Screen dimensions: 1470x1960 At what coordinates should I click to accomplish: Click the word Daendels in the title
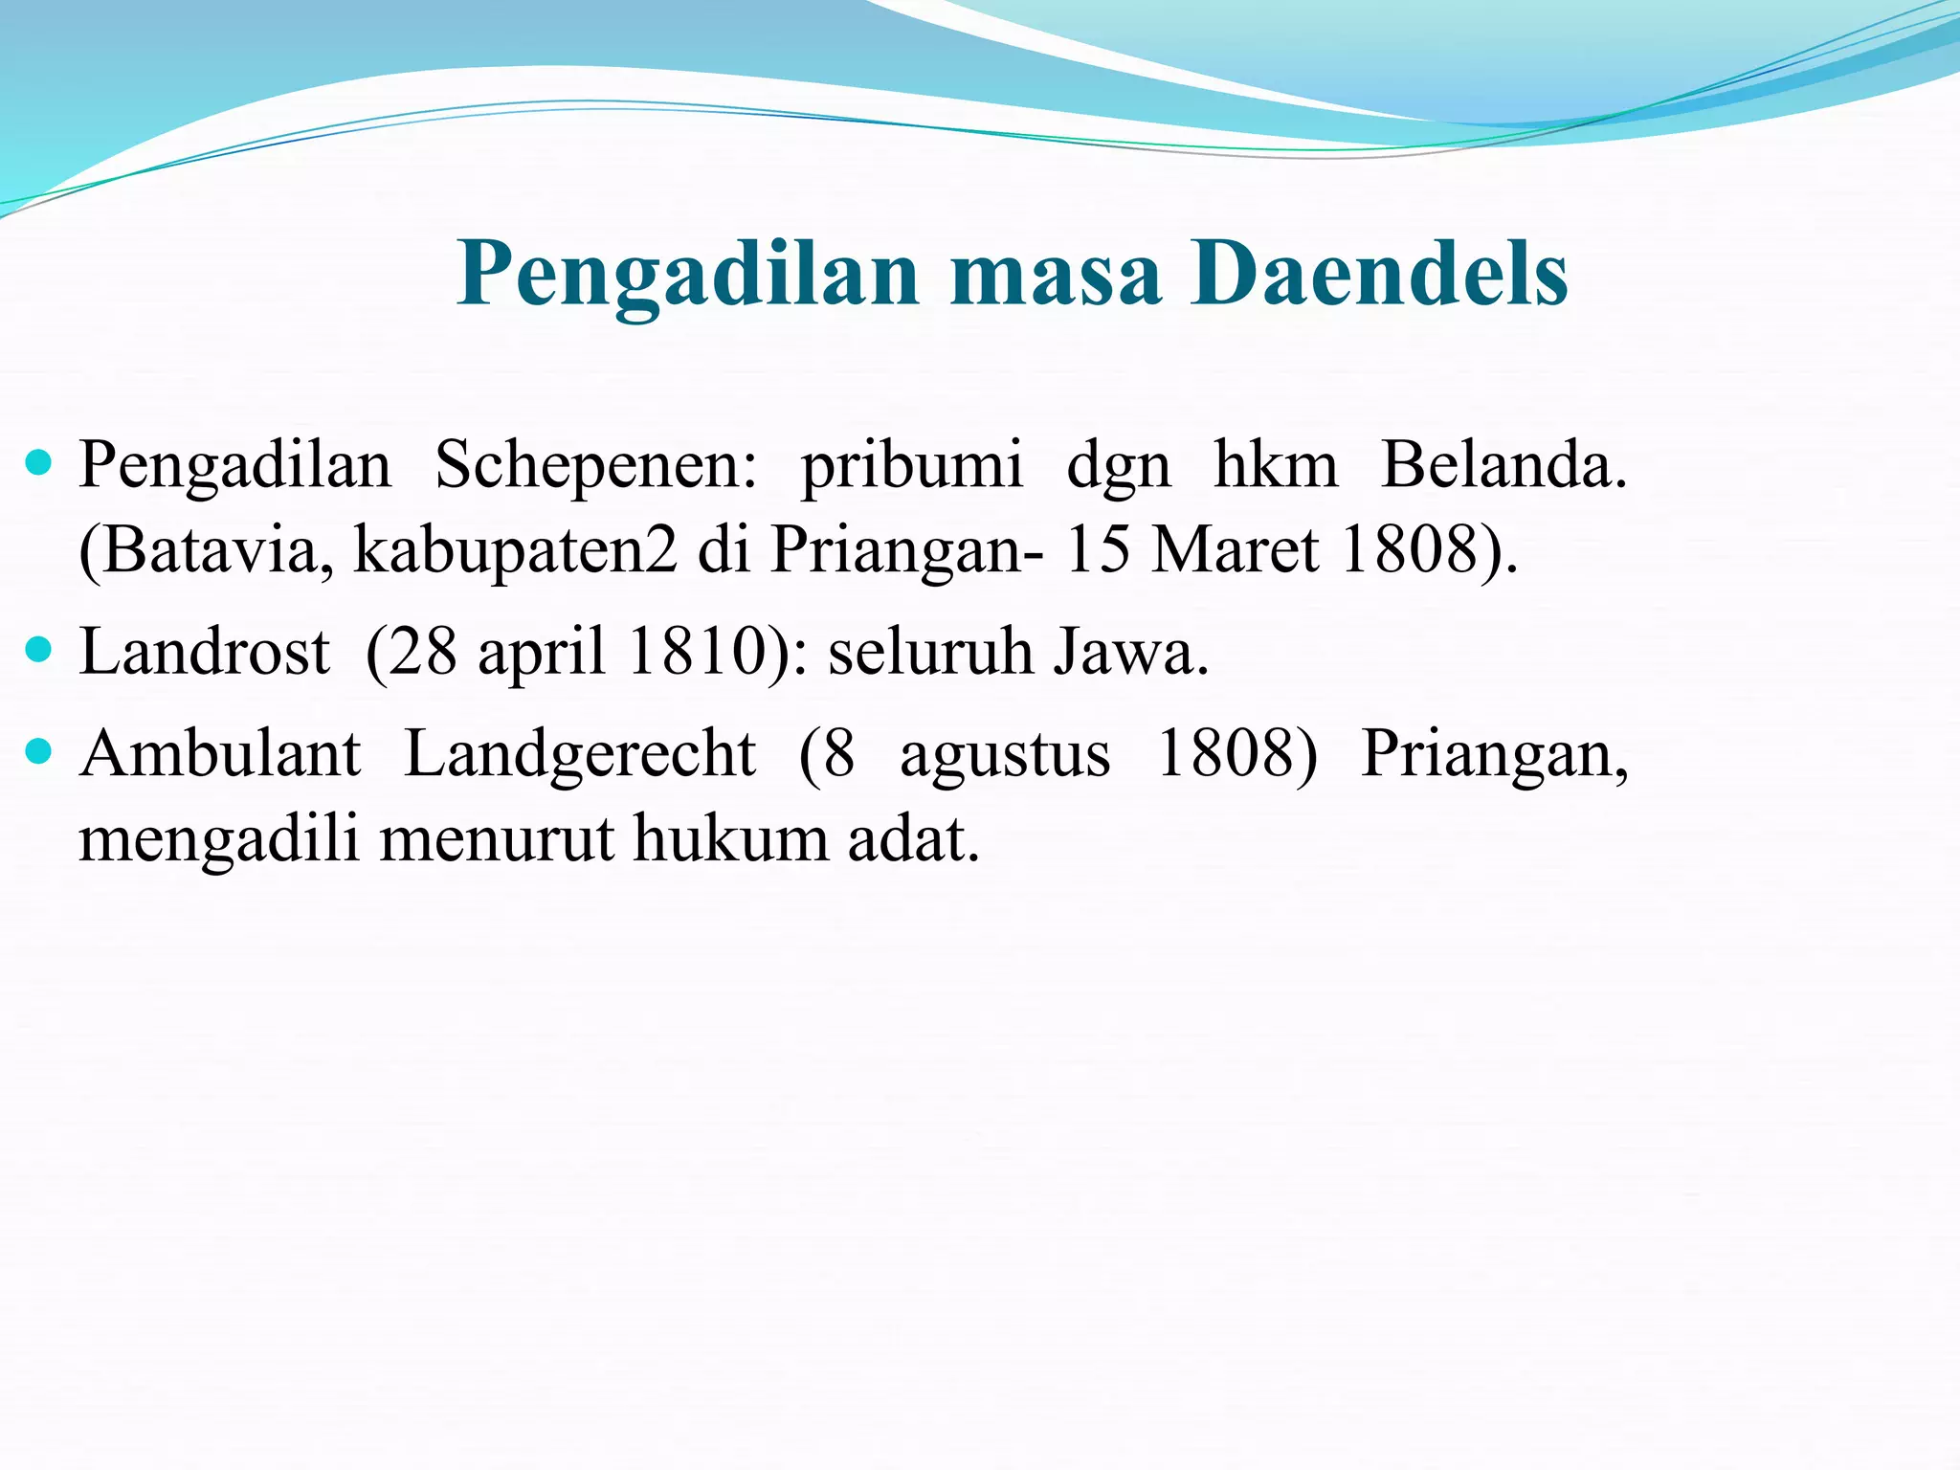tap(1378, 275)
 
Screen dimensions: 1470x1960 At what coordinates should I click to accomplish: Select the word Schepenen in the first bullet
tap(595, 466)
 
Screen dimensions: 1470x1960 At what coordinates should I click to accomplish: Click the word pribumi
tap(911, 466)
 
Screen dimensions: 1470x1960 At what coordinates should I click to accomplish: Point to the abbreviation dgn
tap(1118, 469)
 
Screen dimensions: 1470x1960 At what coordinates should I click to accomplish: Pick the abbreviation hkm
tap(1276, 466)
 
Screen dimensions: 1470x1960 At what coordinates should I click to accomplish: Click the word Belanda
tap(1503, 466)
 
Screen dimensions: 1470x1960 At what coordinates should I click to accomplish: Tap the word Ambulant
tap(220, 754)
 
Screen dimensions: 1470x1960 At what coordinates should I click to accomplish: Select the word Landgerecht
tap(580, 754)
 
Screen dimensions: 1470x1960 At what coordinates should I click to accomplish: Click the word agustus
tap(1005, 756)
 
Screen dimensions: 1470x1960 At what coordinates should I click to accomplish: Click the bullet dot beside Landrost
tap(39, 652)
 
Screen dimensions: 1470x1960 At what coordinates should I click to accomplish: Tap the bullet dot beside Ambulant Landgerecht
tap(39, 753)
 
